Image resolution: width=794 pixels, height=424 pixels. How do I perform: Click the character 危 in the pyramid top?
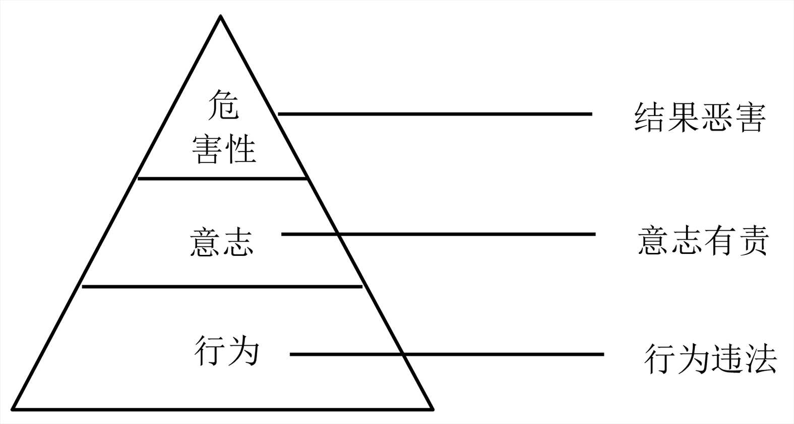[223, 104]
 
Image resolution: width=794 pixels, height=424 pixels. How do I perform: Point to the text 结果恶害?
[699, 118]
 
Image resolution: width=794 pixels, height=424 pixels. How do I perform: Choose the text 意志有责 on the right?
[703, 240]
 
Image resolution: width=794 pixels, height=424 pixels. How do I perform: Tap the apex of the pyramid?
[221, 17]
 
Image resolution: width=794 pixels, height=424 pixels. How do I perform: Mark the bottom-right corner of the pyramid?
[433, 408]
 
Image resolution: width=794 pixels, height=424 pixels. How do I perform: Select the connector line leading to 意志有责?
[439, 234]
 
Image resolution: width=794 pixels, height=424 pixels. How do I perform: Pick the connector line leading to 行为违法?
[447, 354]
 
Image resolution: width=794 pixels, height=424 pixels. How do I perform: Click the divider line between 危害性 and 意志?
[222, 178]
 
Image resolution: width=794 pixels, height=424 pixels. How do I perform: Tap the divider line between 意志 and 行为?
[222, 287]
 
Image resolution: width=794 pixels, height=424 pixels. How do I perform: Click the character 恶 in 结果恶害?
[716, 118]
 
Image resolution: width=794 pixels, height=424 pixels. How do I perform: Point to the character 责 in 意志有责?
[753, 240]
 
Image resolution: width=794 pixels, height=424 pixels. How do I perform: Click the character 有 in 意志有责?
[719, 240]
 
